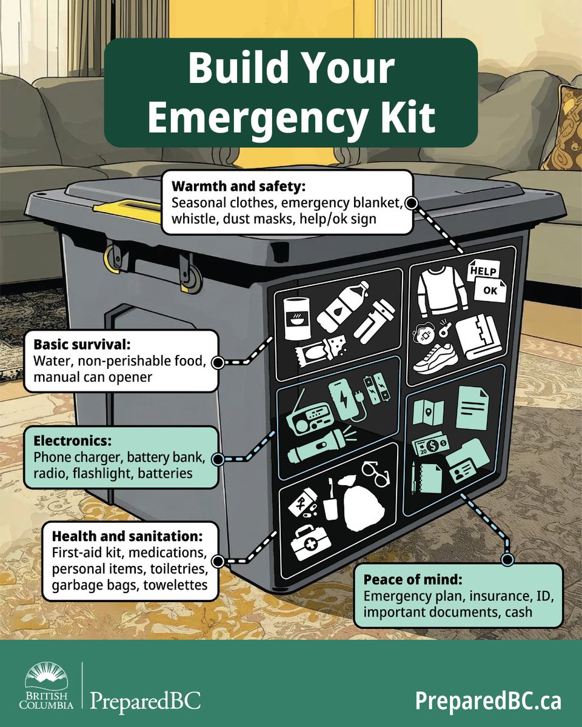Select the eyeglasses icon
pos(376,473)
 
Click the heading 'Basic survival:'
pos(91,345)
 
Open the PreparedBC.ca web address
pos(488,701)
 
